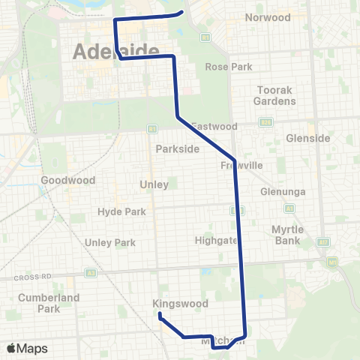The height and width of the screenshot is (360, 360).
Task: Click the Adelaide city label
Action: pos(116,52)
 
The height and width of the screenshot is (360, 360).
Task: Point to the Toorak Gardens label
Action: pos(274,94)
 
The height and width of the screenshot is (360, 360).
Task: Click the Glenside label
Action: pos(308,138)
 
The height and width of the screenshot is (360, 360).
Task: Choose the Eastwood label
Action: pos(214,126)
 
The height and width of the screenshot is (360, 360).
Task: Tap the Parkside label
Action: pos(178,148)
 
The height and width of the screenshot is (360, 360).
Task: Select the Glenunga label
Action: pos(283,191)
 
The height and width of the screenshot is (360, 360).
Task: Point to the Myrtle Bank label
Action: pos(287,235)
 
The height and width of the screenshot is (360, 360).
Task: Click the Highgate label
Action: pos(217,240)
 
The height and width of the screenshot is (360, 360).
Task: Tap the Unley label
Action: pos(154,184)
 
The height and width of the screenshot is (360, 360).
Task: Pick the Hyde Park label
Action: pos(121,211)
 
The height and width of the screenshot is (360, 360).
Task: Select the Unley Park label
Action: pos(110,242)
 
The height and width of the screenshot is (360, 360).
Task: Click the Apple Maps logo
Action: pos(27,348)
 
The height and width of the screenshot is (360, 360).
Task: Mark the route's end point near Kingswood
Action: pos(160,315)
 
